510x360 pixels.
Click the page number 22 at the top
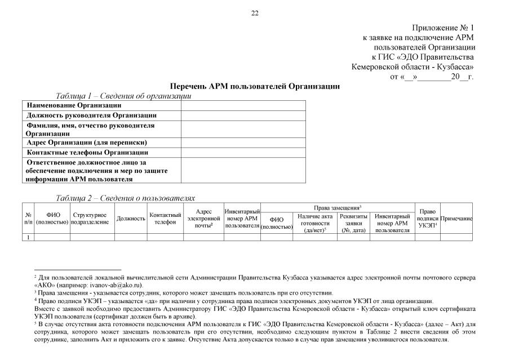[255, 14]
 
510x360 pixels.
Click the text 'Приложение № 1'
[443, 28]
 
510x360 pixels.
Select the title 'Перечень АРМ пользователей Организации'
[255, 87]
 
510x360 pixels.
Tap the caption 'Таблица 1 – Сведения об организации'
[123, 96]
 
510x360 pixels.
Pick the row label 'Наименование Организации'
[74, 105]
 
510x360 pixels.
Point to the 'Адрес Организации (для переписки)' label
[87, 143]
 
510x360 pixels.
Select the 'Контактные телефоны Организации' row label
[87, 152]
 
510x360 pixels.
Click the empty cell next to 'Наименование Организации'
[243, 105]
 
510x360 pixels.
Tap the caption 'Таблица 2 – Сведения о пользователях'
[125, 198]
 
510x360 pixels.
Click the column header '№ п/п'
[28, 219]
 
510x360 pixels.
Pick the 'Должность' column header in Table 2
[131, 219]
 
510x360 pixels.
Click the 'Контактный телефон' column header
[165, 219]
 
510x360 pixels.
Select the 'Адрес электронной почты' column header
[203, 219]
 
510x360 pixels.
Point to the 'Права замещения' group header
[337, 208]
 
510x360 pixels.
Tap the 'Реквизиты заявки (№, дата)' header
[354, 223]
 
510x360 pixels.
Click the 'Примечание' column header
[456, 219]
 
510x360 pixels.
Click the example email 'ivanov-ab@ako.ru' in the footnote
[112, 285]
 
